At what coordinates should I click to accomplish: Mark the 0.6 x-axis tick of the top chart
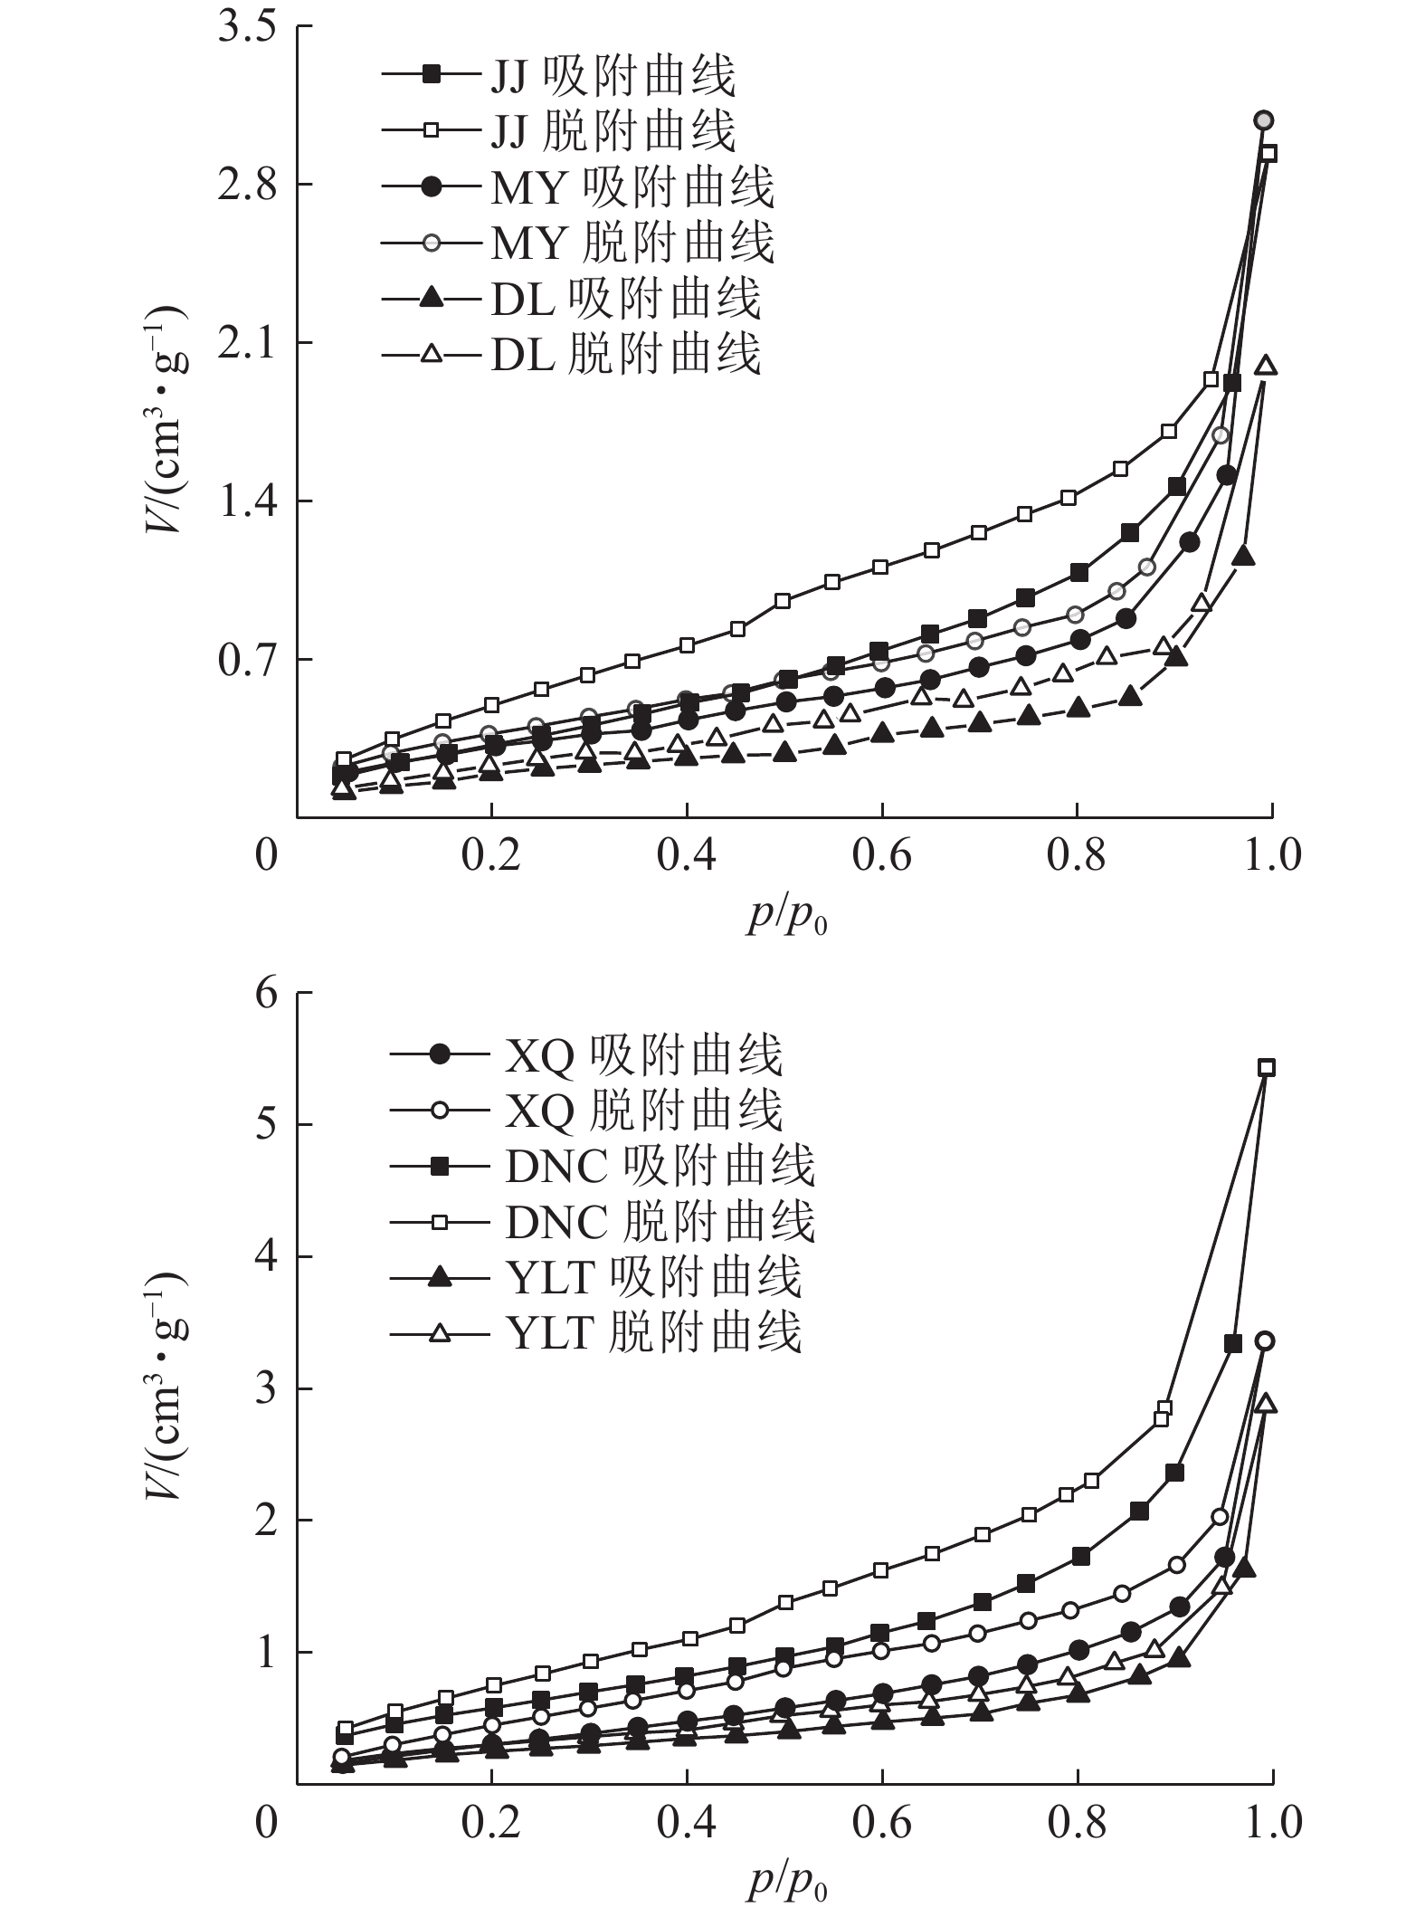pos(882,855)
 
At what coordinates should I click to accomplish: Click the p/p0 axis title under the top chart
pos(786,916)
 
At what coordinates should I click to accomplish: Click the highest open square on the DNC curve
pos(1267,1067)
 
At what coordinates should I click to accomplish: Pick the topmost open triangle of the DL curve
pos(1266,366)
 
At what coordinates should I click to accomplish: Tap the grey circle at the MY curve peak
pos(1264,120)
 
